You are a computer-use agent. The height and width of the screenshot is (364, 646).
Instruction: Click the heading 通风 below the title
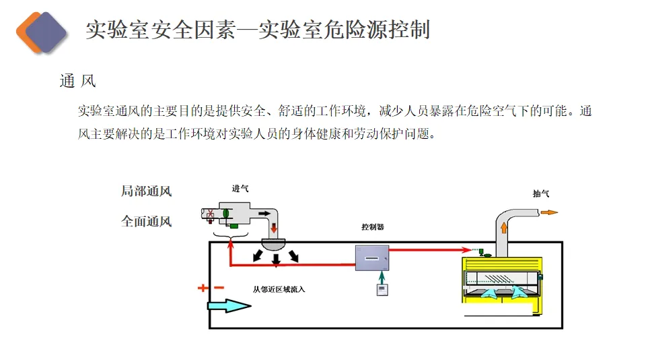[78, 82]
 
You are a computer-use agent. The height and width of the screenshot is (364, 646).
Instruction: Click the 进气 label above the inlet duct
[241, 189]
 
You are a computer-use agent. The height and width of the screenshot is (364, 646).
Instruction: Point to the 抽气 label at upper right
[541, 194]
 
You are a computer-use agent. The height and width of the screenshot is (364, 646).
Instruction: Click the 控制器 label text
[372, 227]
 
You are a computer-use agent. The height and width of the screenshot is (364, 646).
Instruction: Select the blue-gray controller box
[372, 257]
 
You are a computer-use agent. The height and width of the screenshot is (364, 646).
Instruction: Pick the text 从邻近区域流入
[279, 290]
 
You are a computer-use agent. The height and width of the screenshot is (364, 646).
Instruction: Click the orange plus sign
[203, 288]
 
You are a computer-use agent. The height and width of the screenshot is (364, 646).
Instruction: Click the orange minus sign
[219, 288]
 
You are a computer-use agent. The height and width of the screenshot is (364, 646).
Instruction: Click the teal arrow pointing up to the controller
[382, 276]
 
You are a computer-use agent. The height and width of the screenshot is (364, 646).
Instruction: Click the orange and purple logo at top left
[41, 31]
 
